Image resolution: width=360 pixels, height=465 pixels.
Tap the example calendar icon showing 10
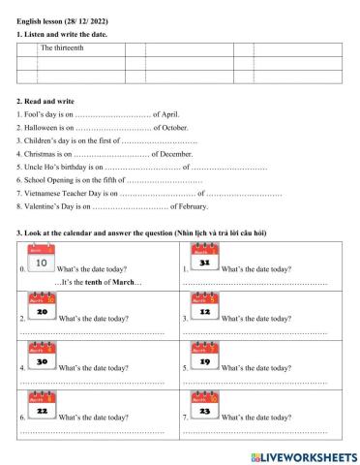pos(41,263)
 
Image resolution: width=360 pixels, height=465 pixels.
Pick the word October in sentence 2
pos(174,127)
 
